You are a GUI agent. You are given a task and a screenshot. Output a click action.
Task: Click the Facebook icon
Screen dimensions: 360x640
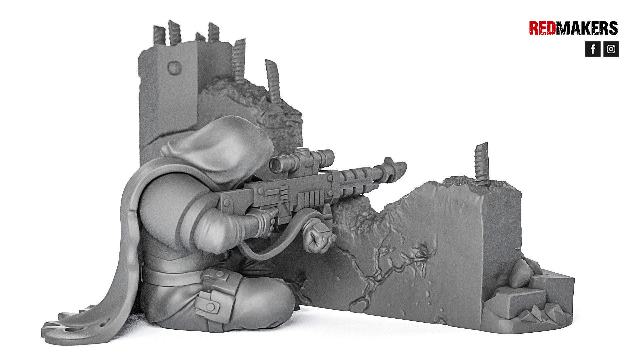click(593, 49)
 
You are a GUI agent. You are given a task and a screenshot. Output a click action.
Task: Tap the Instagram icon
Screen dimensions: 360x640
click(611, 49)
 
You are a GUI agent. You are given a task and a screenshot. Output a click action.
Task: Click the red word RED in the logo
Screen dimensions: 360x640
click(542, 28)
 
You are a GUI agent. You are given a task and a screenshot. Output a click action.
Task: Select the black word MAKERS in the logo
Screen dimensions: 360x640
click(587, 28)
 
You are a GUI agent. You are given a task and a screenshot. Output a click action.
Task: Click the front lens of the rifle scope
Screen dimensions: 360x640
click(275, 165)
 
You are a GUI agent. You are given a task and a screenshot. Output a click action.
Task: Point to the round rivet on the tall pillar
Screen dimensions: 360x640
click(174, 67)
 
